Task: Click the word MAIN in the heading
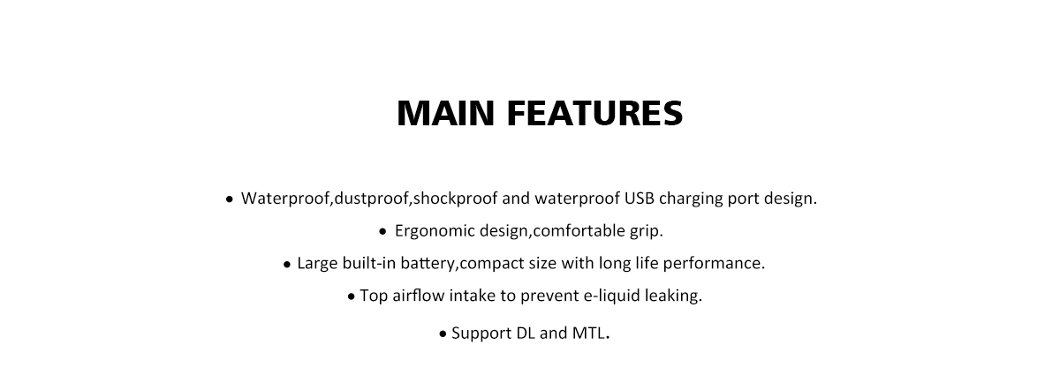pos(446,114)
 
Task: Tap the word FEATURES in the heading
pos(594,114)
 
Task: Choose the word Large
pos(317,264)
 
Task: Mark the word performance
pos(714,264)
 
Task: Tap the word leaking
pos(673,296)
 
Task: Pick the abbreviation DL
pos(526,334)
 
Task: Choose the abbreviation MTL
pos(589,334)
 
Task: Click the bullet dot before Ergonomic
pos(382,232)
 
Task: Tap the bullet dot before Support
pos(443,334)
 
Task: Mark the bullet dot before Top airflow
pos(352,297)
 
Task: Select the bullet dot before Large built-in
pos(287,265)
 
